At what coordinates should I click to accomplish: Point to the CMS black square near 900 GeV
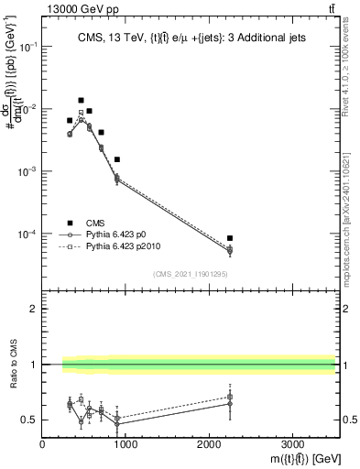click(117, 159)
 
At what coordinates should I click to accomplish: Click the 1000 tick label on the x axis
click(125, 443)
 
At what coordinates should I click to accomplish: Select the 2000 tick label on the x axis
click(209, 443)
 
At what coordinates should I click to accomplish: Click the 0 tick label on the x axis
click(43, 443)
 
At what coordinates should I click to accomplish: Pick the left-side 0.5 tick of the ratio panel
click(32, 420)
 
